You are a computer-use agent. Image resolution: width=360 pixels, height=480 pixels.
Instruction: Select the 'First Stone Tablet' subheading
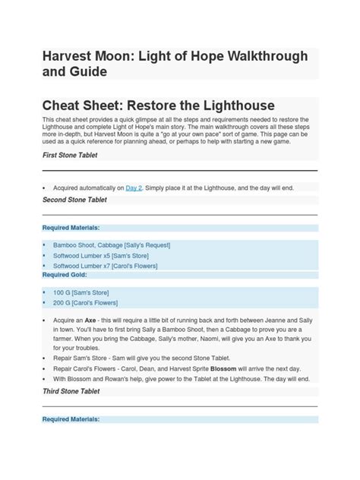pyautogui.click(x=69, y=155)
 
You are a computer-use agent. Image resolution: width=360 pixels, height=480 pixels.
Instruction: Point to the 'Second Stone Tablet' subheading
pyautogui.click(x=74, y=200)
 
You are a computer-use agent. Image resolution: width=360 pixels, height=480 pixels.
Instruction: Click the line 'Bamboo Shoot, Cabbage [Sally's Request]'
pyautogui.click(x=112, y=245)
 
